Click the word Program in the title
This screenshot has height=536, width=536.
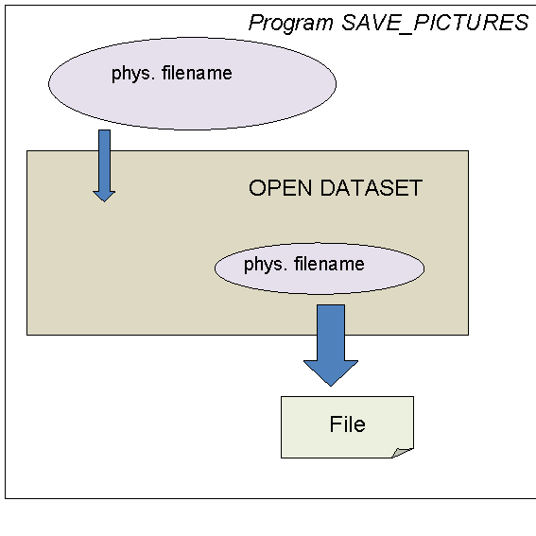[290, 24]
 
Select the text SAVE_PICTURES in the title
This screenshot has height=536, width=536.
[435, 23]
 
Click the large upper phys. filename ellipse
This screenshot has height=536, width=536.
[192, 84]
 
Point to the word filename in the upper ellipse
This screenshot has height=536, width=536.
[197, 73]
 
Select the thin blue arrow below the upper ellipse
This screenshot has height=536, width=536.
[104, 165]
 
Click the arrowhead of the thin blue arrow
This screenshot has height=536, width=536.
[104, 197]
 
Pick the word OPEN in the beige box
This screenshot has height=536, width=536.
[281, 188]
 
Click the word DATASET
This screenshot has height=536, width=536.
[372, 188]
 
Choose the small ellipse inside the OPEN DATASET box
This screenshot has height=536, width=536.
[320, 268]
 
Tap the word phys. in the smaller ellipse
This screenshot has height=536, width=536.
[266, 265]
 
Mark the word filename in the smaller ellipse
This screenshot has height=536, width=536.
[329, 264]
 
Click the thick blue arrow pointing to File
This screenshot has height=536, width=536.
[331, 345]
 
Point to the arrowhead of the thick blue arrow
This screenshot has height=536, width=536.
[331, 373]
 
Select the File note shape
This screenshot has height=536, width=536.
[347, 427]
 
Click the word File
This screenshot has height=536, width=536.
[348, 424]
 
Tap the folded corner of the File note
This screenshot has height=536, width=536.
[403, 453]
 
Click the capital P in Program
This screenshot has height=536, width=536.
[255, 23]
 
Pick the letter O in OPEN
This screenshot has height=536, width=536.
[257, 188]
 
